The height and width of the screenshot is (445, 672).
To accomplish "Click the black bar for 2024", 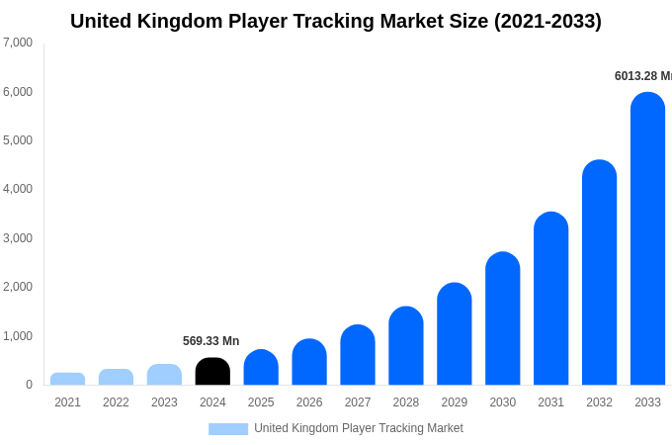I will (212, 372).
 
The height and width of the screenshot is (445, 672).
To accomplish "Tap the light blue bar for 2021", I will (67, 379).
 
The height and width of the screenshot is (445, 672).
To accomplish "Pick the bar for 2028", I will (405, 346).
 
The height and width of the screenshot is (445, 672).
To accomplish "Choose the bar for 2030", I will (502, 318).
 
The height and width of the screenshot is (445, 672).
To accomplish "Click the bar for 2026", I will (309, 362).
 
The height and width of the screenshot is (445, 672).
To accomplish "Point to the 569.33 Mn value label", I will (210, 341).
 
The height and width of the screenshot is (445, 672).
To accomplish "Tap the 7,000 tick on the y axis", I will (18, 43).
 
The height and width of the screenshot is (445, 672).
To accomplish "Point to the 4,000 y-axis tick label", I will (18, 189).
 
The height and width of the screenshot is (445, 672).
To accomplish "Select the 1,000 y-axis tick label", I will (18, 336).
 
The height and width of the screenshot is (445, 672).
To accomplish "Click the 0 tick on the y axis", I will (29, 385).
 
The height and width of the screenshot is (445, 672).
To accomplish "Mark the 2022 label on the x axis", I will (116, 402).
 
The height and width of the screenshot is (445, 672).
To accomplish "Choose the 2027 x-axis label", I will (358, 402).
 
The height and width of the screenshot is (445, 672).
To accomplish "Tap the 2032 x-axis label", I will (599, 402).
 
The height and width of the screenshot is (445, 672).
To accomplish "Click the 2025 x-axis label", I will (261, 402).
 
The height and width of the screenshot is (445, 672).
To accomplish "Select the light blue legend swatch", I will (228, 429).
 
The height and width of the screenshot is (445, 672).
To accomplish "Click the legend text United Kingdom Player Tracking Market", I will (358, 428).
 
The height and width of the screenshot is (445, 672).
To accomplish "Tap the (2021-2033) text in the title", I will (547, 21).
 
